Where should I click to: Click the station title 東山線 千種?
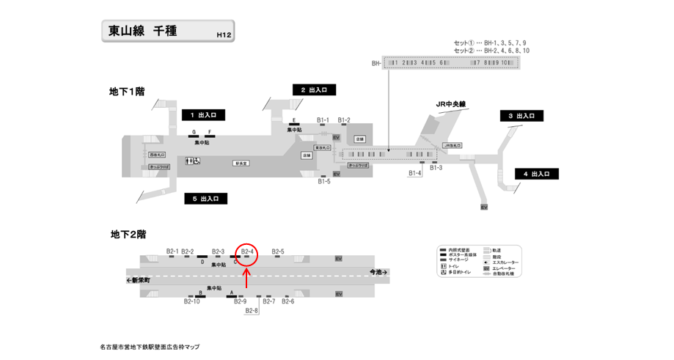(143, 31)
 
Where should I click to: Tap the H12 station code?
(224, 34)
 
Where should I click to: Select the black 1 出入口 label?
(203, 115)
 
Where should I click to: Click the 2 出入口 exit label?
(314, 89)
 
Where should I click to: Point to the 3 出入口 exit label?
(521, 116)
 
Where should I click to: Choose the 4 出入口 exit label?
(536, 174)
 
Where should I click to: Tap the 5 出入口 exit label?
(205, 199)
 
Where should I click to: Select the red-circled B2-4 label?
(247, 251)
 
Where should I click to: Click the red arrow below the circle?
(246, 277)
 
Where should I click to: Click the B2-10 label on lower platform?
(192, 301)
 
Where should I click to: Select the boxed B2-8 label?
(252, 311)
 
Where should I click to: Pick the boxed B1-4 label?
(415, 174)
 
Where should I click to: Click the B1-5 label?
(323, 181)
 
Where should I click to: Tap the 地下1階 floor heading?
(127, 92)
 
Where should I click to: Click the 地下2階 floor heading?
(128, 235)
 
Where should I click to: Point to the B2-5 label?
(278, 251)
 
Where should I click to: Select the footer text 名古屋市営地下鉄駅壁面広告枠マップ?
(150, 347)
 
